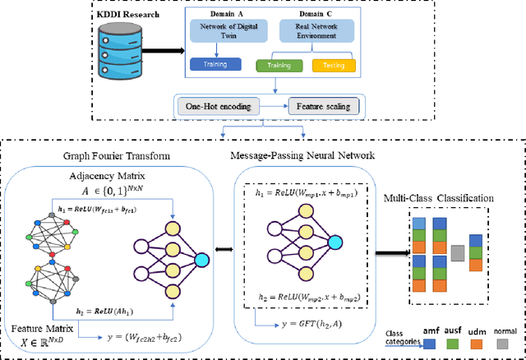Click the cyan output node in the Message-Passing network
point(335,241)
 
